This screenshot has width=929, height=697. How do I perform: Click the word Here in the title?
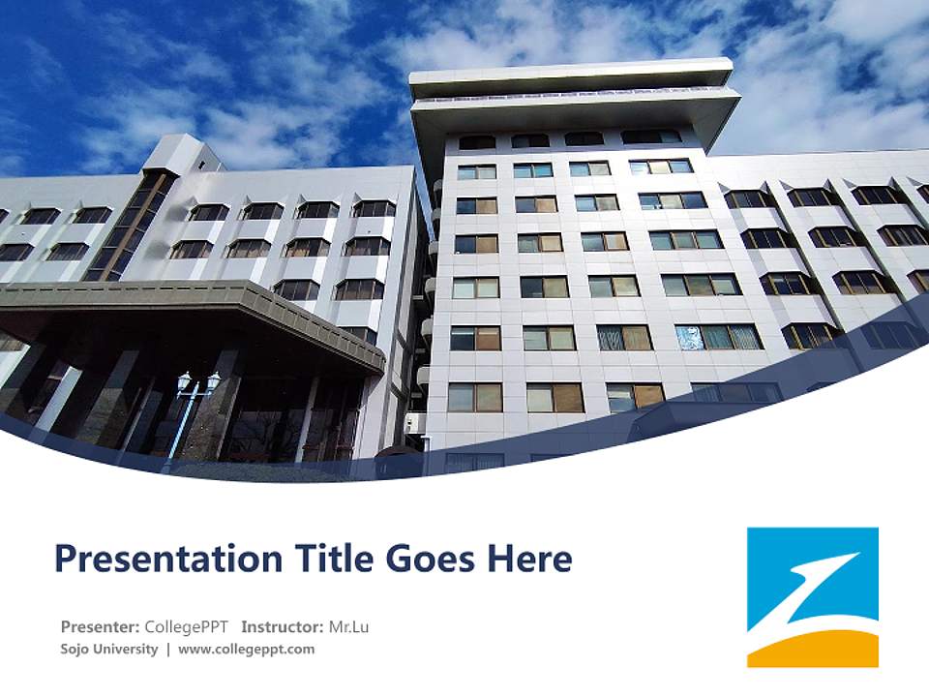pyautogui.click(x=529, y=560)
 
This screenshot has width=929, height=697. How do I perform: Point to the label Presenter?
pyautogui.click(x=101, y=627)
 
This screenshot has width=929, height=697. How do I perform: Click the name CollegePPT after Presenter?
pyautogui.click(x=186, y=627)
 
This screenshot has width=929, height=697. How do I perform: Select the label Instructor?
pyautogui.click(x=282, y=627)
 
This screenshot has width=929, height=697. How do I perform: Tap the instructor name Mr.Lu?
pyautogui.click(x=348, y=627)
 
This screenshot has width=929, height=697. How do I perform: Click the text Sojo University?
pyautogui.click(x=108, y=650)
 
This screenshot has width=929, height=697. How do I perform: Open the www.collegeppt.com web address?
pyautogui.click(x=247, y=650)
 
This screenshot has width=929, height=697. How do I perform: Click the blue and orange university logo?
pyautogui.click(x=813, y=596)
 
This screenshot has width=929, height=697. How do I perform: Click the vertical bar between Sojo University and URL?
pyautogui.click(x=168, y=650)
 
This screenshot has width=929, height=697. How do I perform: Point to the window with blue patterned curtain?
pyautogui.click(x=689, y=337)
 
